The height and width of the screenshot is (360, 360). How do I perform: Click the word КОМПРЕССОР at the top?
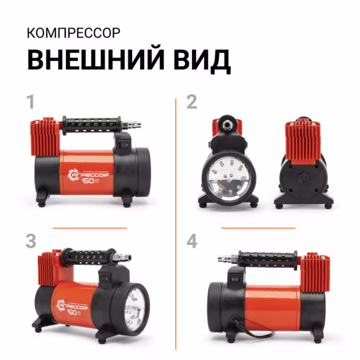(x=73, y=33)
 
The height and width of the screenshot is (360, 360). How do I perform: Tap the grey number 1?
(x=31, y=102)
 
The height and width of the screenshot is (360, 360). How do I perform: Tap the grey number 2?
(x=192, y=102)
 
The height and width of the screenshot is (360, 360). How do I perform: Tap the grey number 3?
(x=31, y=242)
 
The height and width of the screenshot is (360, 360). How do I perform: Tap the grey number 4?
(x=192, y=242)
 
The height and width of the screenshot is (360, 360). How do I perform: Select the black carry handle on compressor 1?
(x=93, y=122)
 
